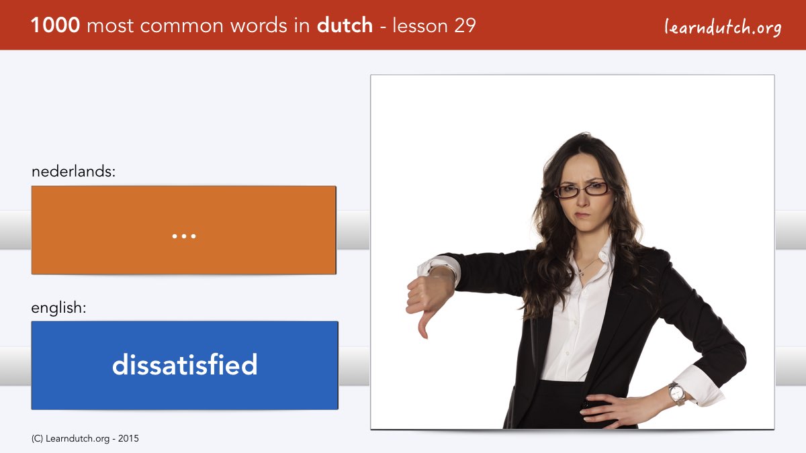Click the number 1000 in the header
pyautogui.click(x=55, y=26)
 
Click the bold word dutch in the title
pyautogui.click(x=345, y=26)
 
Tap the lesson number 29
pyautogui.click(x=465, y=26)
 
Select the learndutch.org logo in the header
pyautogui.click(x=723, y=28)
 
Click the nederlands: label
pyautogui.click(x=73, y=171)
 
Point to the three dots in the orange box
pyautogui.click(x=184, y=236)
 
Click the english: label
pyautogui.click(x=58, y=308)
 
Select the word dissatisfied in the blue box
pyautogui.click(x=185, y=364)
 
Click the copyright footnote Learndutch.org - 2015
pyautogui.click(x=85, y=439)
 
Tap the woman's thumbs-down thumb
pyautogui.click(x=422, y=325)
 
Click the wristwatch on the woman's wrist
pyautogui.click(x=676, y=394)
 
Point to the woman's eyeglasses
pyautogui.click(x=582, y=189)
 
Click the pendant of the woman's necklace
pyautogui.click(x=580, y=273)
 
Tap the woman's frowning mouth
pyautogui.click(x=582, y=215)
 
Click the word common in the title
pyautogui.click(x=182, y=26)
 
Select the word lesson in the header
pyautogui.click(x=420, y=26)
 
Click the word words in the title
pyautogui.click(x=259, y=26)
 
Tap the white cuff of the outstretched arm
pyautogui.click(x=440, y=268)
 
